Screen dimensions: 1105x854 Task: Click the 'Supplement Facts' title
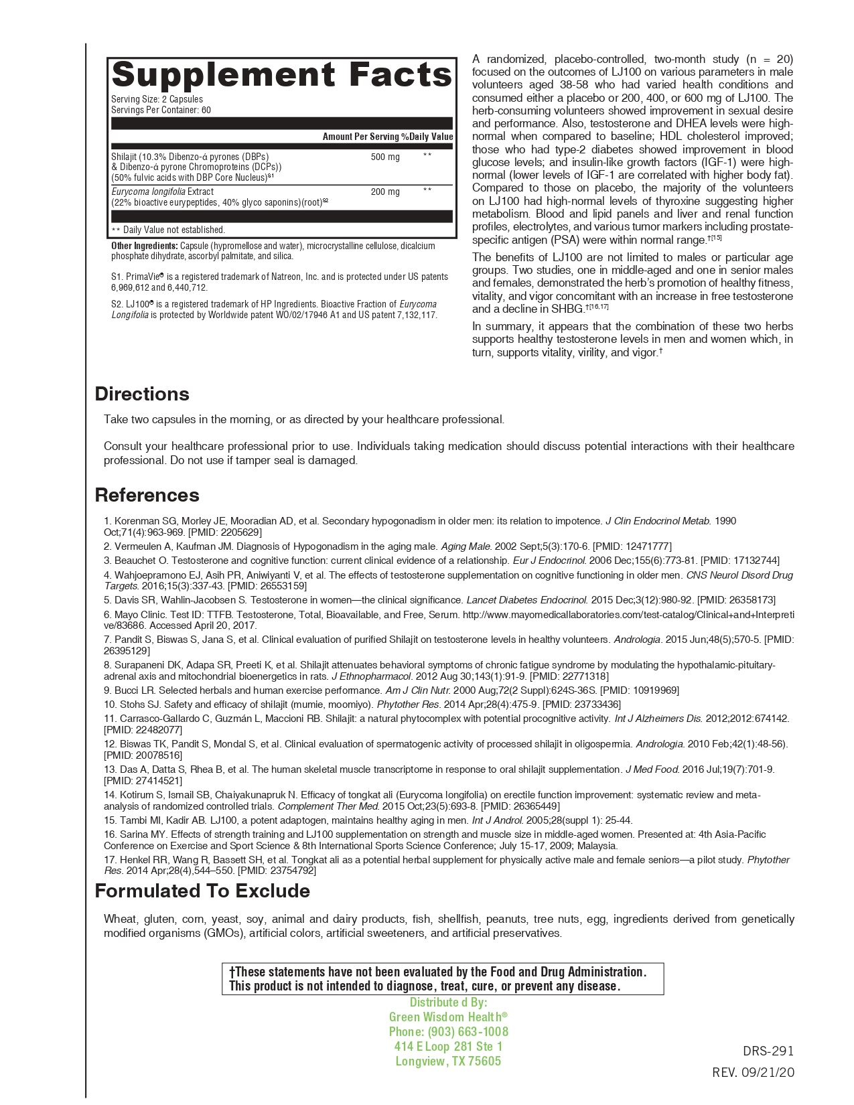tap(282, 74)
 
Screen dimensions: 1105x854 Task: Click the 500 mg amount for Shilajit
tap(385, 157)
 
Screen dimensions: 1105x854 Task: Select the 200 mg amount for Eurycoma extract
tap(385, 192)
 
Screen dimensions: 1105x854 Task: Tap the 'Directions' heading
tap(142, 394)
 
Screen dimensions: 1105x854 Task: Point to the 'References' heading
tap(147, 495)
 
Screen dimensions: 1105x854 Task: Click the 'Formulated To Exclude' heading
tap(202, 891)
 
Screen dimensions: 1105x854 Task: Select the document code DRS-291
tap(768, 1051)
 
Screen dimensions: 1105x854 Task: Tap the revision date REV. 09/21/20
tap(753, 1072)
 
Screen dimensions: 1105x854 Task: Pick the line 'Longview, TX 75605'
tap(448, 1061)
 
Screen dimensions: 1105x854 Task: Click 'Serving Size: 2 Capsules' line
tap(157, 99)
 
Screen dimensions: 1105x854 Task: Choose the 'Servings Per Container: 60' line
tap(161, 110)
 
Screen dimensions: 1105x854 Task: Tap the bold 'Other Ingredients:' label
tap(144, 246)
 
